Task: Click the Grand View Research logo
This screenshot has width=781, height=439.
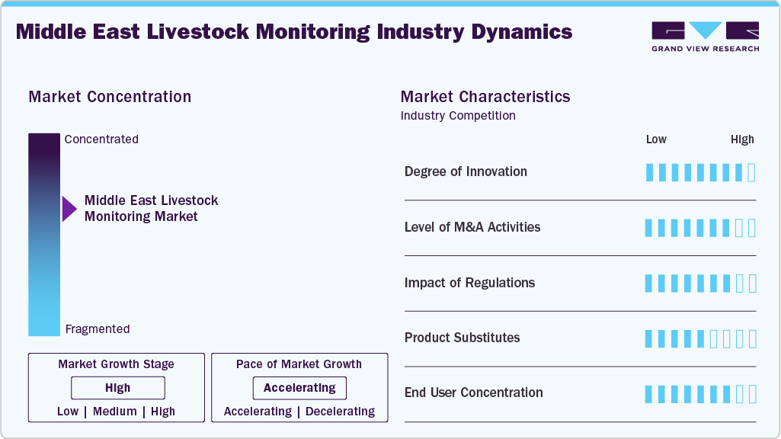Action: (x=705, y=37)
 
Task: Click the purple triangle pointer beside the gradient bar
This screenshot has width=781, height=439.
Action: (x=69, y=209)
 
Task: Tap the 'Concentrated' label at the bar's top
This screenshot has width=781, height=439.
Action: (x=101, y=139)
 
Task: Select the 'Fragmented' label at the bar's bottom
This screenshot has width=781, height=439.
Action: (x=98, y=329)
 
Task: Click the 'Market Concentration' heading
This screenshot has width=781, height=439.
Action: (x=110, y=97)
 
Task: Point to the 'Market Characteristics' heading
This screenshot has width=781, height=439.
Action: (x=485, y=97)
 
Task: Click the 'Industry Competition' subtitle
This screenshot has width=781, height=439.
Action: (x=458, y=116)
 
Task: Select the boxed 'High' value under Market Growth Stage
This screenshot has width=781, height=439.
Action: (x=118, y=388)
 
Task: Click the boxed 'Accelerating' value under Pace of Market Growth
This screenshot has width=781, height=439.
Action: (x=299, y=388)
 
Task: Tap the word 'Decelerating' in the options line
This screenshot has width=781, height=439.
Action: (x=339, y=412)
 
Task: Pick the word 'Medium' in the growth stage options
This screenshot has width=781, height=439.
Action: (x=114, y=412)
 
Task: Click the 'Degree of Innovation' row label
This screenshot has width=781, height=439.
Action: (x=466, y=171)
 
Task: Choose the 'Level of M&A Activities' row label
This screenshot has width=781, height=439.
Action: (x=472, y=227)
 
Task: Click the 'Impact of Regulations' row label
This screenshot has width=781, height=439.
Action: (x=469, y=283)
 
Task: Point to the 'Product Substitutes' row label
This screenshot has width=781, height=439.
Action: (x=462, y=338)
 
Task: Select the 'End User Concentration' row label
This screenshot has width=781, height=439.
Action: (x=473, y=393)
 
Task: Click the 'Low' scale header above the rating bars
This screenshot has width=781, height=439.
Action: (x=656, y=139)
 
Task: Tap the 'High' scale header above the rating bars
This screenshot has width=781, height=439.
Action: (x=742, y=139)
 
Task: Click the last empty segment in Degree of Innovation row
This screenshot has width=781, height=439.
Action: (x=752, y=172)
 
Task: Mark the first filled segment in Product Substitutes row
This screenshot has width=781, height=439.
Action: (x=649, y=338)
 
